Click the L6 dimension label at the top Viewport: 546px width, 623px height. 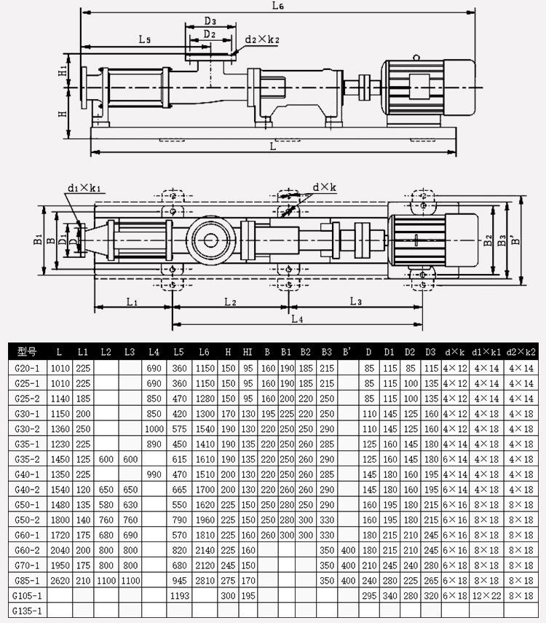point(277,6)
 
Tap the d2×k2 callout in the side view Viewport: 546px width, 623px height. point(262,39)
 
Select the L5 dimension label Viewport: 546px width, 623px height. point(145,39)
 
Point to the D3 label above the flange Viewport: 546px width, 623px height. point(210,20)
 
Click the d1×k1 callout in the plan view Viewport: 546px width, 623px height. point(84,187)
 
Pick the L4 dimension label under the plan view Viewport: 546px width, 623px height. point(297,318)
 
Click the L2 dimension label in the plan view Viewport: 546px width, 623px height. point(230,302)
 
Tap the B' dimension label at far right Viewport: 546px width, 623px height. point(515,240)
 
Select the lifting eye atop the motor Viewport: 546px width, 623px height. point(416,58)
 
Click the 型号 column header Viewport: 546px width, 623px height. point(27,352)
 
